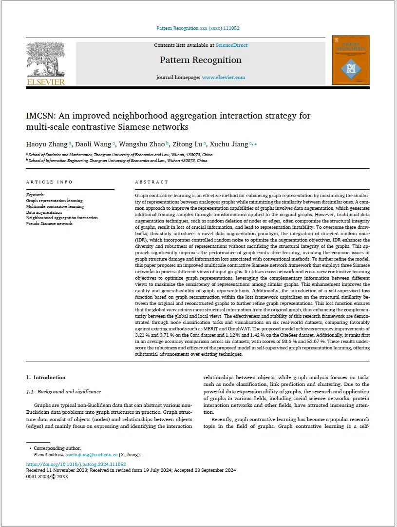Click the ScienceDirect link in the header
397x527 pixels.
pyautogui.click(x=231, y=45)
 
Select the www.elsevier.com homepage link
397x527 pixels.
pyautogui.click(x=224, y=77)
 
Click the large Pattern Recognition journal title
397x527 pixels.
pyautogui.click(x=201, y=60)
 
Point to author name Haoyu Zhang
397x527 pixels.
pyautogui.click(x=47, y=144)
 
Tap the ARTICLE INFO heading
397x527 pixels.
pyautogui.click(x=49, y=182)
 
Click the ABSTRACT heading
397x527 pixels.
pyautogui.click(x=151, y=182)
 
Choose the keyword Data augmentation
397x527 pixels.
pyautogui.click(x=44, y=212)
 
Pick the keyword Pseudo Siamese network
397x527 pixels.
pyautogui.click(x=49, y=224)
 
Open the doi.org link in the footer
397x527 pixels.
pyautogui.click(x=76, y=464)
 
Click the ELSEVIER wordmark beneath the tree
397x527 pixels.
pyautogui.click(x=46, y=82)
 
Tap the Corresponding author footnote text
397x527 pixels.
pyautogui.click(x=57, y=448)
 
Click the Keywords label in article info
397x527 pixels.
pyautogui.click(x=36, y=195)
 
